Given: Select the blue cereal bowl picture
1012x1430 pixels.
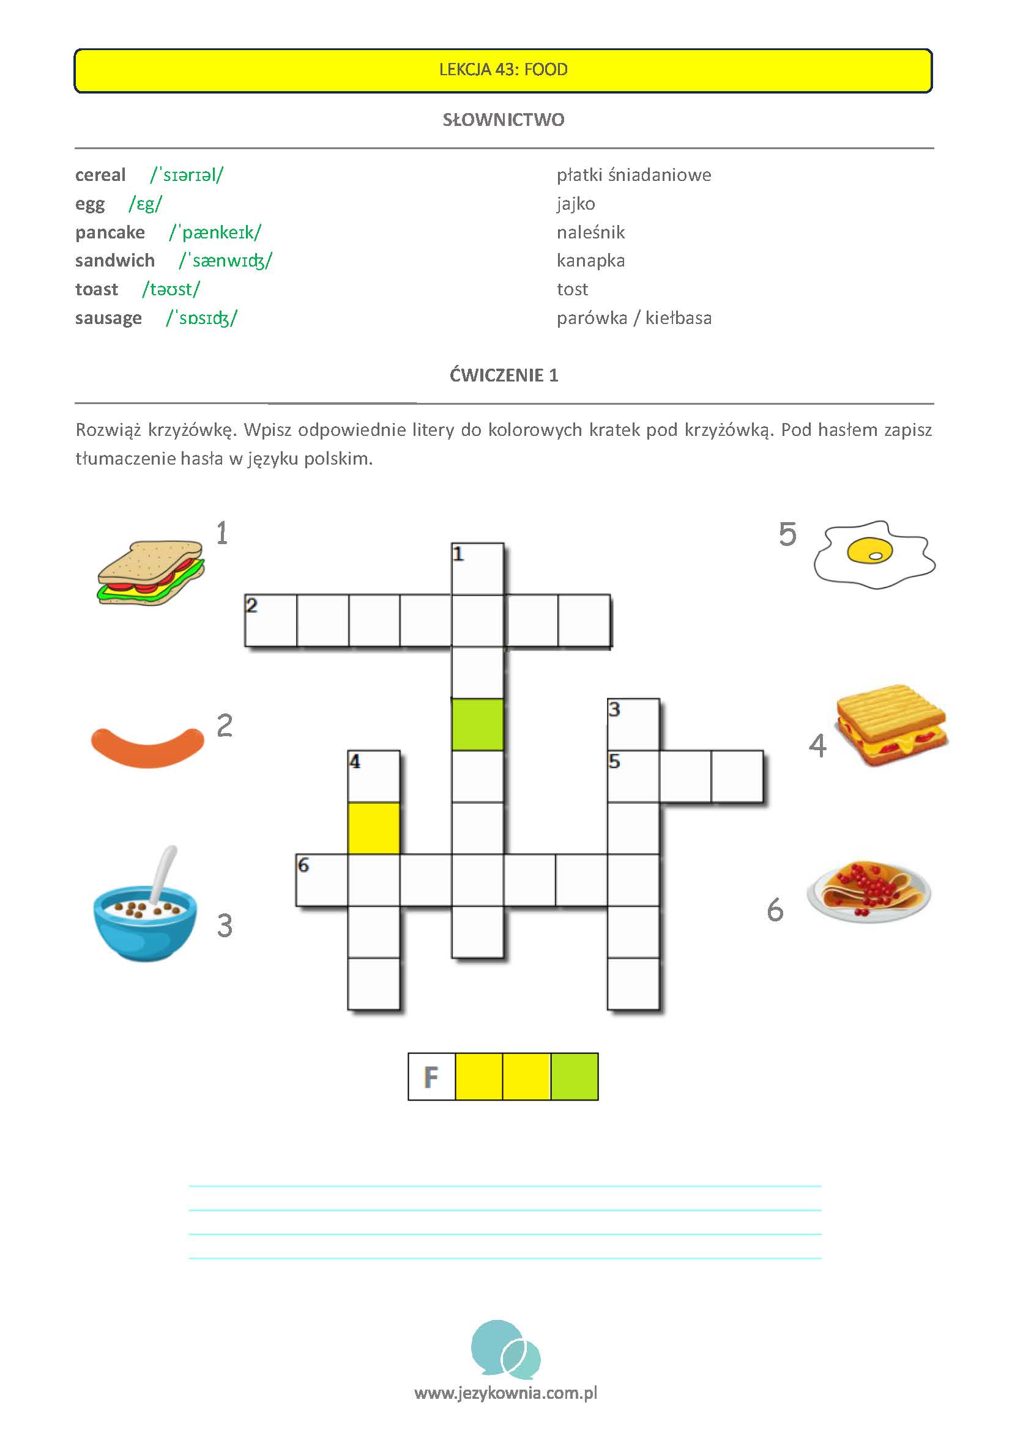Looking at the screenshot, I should pyautogui.click(x=144, y=908).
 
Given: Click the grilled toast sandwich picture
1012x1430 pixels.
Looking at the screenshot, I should pyautogui.click(x=891, y=726).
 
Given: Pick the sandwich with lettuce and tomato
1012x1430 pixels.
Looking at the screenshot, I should pyautogui.click(x=151, y=572).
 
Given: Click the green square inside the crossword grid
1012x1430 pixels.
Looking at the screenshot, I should pyautogui.click(x=477, y=724).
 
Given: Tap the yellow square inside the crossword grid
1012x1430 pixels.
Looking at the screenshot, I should pyautogui.click(x=374, y=828).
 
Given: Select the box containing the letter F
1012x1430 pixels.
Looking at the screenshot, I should pyautogui.click(x=432, y=1077).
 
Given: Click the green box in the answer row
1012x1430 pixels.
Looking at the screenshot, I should pyautogui.click(x=575, y=1077).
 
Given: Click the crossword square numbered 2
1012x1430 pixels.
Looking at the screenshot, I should pyautogui.click(x=270, y=621).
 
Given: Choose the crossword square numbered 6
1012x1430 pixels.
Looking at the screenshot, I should pyautogui.click(x=322, y=880).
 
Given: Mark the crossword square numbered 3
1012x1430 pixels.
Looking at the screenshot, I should pyautogui.click(x=633, y=724).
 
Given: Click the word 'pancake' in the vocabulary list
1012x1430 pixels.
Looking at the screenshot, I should pyautogui.click(x=110, y=232).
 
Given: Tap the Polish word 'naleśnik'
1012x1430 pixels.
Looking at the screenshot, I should pyautogui.click(x=590, y=232).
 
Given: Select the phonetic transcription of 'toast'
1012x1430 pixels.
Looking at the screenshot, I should pyautogui.click(x=171, y=290).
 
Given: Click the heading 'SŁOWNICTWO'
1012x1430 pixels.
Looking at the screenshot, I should pyautogui.click(x=504, y=120).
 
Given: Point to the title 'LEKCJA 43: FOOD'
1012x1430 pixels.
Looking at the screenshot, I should pyautogui.click(x=504, y=70).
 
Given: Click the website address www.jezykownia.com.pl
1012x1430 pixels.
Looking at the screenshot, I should pyautogui.click(x=505, y=1393).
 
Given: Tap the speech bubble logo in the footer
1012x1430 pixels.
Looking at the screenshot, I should pyautogui.click(x=505, y=1349).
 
